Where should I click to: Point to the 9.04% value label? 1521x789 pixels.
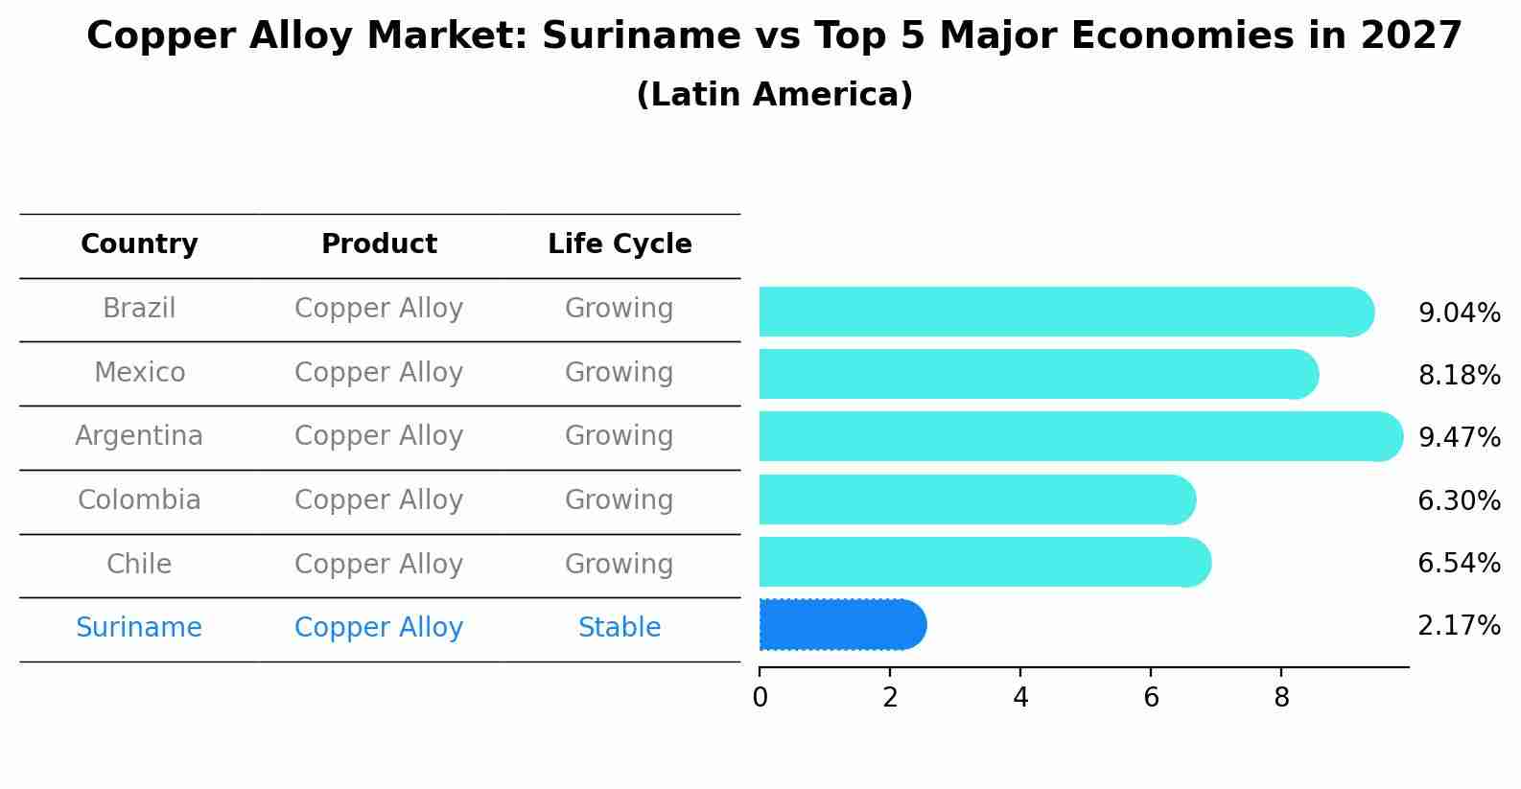click(x=1459, y=313)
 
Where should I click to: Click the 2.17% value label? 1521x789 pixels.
click(x=1459, y=626)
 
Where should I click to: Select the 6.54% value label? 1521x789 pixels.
click(x=1459, y=563)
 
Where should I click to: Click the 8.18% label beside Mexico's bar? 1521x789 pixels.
click(x=1459, y=375)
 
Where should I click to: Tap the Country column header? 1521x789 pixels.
click(x=139, y=244)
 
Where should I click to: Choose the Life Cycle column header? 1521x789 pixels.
click(x=620, y=244)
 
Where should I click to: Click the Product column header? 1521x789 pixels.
click(x=379, y=244)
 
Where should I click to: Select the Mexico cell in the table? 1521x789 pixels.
click(x=139, y=372)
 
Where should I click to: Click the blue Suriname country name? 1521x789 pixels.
click(x=139, y=628)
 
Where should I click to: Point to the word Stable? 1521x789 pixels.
click(x=620, y=628)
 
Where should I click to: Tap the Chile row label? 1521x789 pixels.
click(x=139, y=564)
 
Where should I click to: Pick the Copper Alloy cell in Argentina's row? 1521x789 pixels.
click(x=379, y=436)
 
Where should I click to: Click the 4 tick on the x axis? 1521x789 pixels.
click(x=1020, y=697)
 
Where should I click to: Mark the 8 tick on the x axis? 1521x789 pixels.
click(x=1281, y=697)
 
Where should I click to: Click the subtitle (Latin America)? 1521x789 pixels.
click(x=774, y=95)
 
